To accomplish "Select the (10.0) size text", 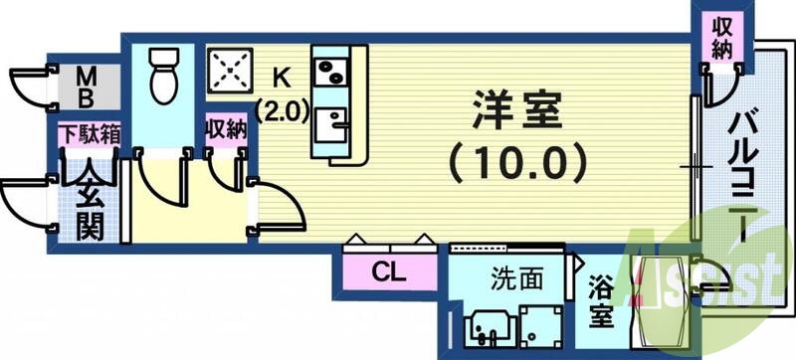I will pos(513,159).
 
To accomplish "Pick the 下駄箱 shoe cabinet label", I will pos(89,134).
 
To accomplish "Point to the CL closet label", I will pos(389,270).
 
